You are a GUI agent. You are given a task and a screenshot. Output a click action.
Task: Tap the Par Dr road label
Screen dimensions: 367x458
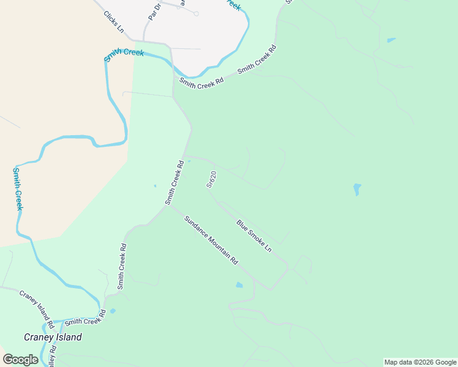(x=154, y=10)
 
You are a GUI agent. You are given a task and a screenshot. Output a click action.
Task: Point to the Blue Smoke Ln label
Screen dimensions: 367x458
(x=253, y=235)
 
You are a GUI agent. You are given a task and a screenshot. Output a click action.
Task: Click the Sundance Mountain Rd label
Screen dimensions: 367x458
(x=211, y=240)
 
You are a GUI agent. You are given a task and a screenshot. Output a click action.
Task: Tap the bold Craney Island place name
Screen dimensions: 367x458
(x=53, y=337)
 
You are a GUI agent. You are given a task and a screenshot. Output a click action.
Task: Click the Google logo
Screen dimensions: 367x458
(x=20, y=360)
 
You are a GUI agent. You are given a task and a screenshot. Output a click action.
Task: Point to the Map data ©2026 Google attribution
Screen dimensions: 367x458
(x=420, y=362)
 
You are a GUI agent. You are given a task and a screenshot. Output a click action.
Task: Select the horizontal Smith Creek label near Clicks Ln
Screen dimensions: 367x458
(x=124, y=54)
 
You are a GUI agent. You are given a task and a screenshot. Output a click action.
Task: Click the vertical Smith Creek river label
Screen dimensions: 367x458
(x=18, y=189)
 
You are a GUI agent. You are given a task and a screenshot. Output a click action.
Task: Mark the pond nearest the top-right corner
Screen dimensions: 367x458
(x=391, y=40)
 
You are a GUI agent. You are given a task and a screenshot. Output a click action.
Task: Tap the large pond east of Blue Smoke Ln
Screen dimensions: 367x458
(x=357, y=189)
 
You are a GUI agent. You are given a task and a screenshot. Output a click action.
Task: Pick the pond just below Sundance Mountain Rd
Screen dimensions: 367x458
(x=239, y=285)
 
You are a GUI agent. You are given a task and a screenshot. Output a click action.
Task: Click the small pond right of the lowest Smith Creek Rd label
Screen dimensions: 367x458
(x=113, y=311)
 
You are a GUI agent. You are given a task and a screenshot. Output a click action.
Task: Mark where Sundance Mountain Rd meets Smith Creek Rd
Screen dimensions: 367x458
(x=168, y=206)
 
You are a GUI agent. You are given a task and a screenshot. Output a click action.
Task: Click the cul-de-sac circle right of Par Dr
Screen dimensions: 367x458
(x=196, y=13)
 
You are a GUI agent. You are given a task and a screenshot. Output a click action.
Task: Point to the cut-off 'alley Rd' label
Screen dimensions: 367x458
(x=53, y=355)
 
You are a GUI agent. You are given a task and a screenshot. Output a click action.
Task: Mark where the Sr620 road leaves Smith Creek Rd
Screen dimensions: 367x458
(x=184, y=155)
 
